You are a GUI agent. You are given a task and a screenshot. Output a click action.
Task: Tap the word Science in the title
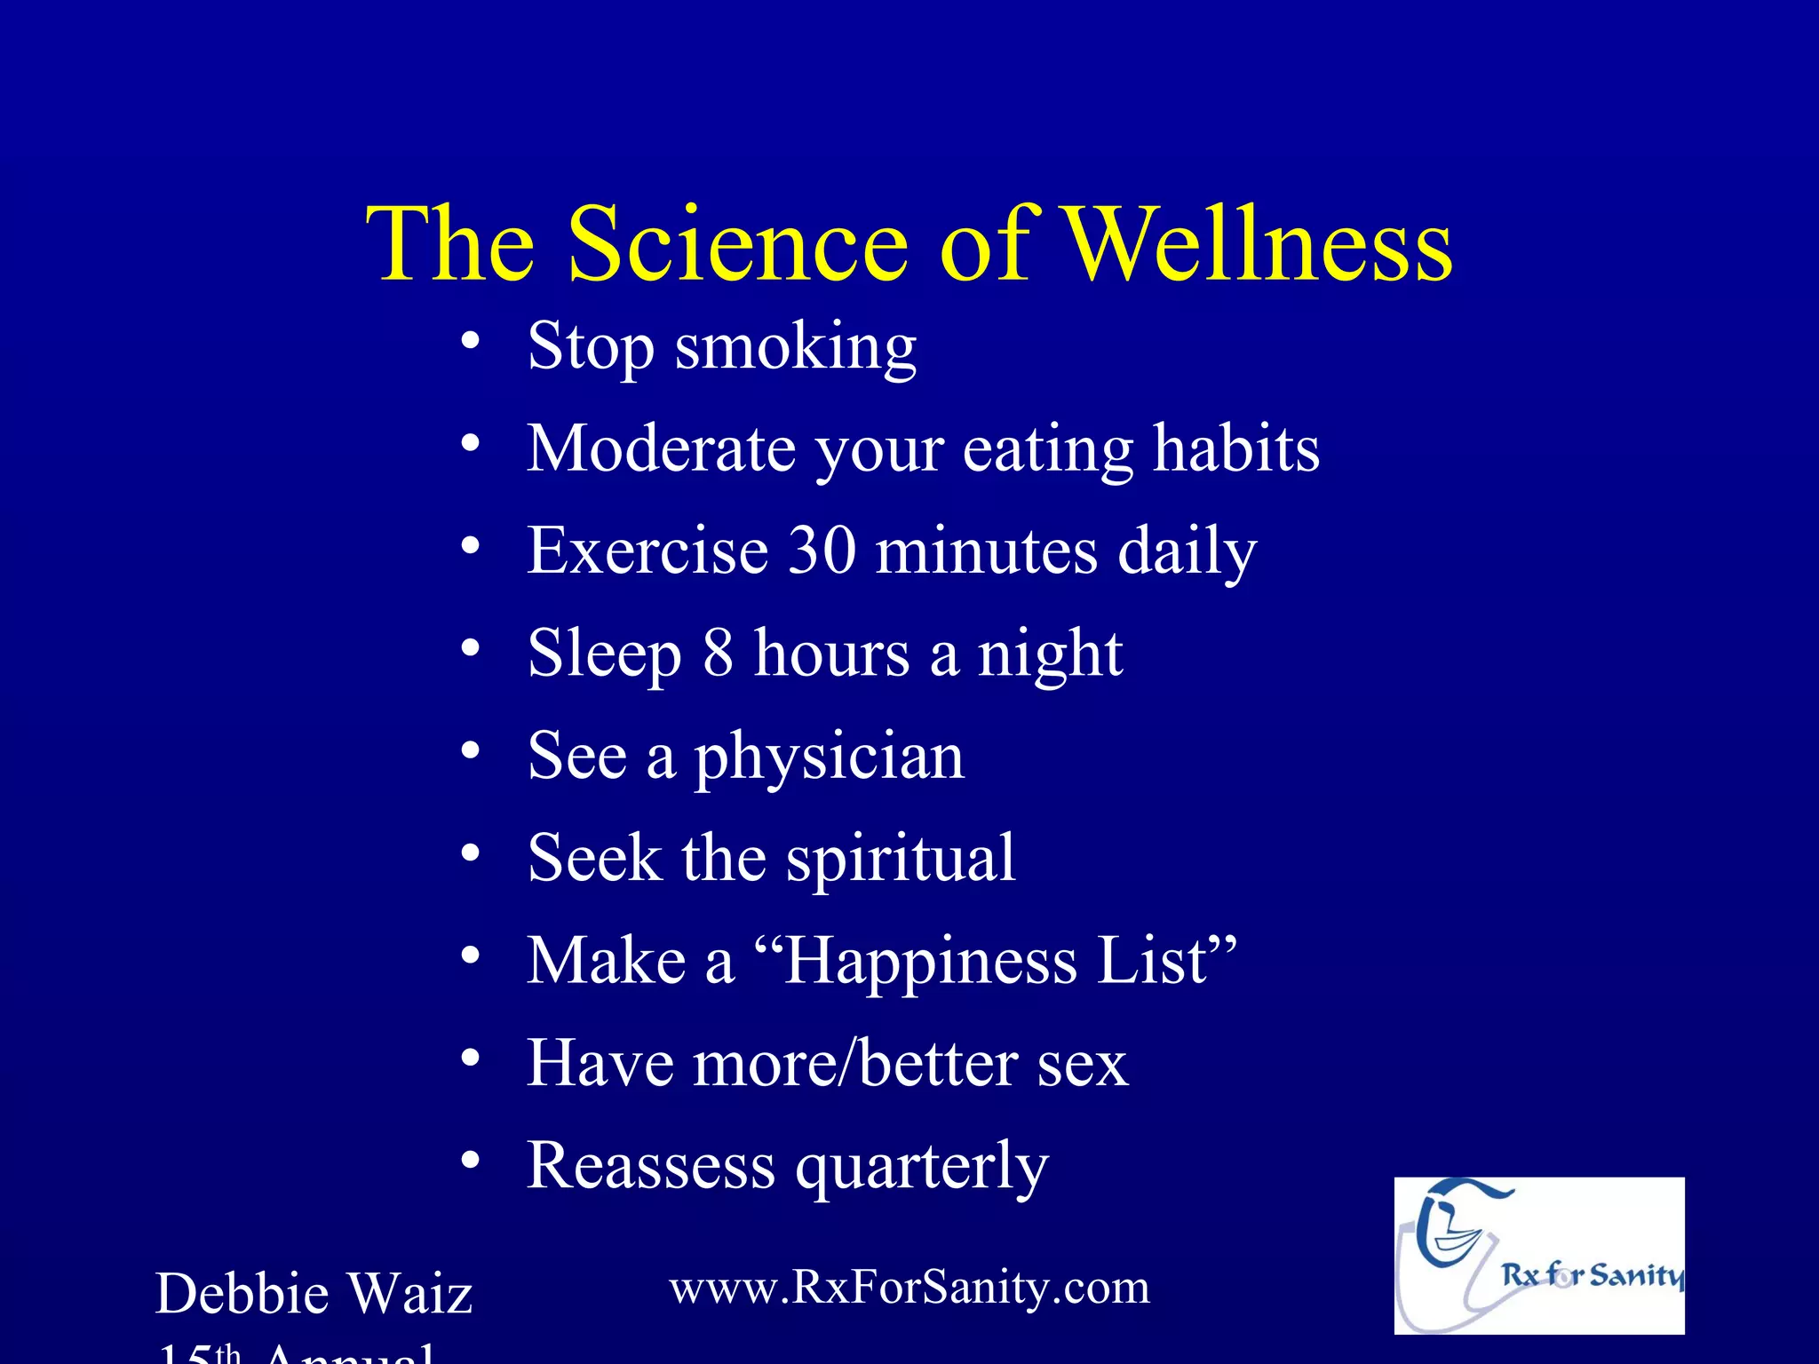point(738,243)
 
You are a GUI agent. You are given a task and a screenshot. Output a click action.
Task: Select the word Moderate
point(661,448)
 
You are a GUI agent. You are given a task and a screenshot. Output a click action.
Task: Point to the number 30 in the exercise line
point(822,551)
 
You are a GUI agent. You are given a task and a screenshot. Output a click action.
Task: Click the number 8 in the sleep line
point(719,653)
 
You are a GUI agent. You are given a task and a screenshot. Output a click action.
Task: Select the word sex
point(1082,1064)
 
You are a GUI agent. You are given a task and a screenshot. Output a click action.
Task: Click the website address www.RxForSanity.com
point(909,1287)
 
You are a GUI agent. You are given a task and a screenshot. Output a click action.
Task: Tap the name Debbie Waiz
point(314,1294)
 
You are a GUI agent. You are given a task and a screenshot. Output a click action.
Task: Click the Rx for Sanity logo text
point(1591,1276)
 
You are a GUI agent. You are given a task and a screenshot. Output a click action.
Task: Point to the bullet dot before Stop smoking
point(471,341)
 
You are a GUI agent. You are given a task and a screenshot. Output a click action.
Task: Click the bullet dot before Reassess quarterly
point(471,1160)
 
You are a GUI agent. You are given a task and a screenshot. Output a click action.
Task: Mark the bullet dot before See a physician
point(471,750)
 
